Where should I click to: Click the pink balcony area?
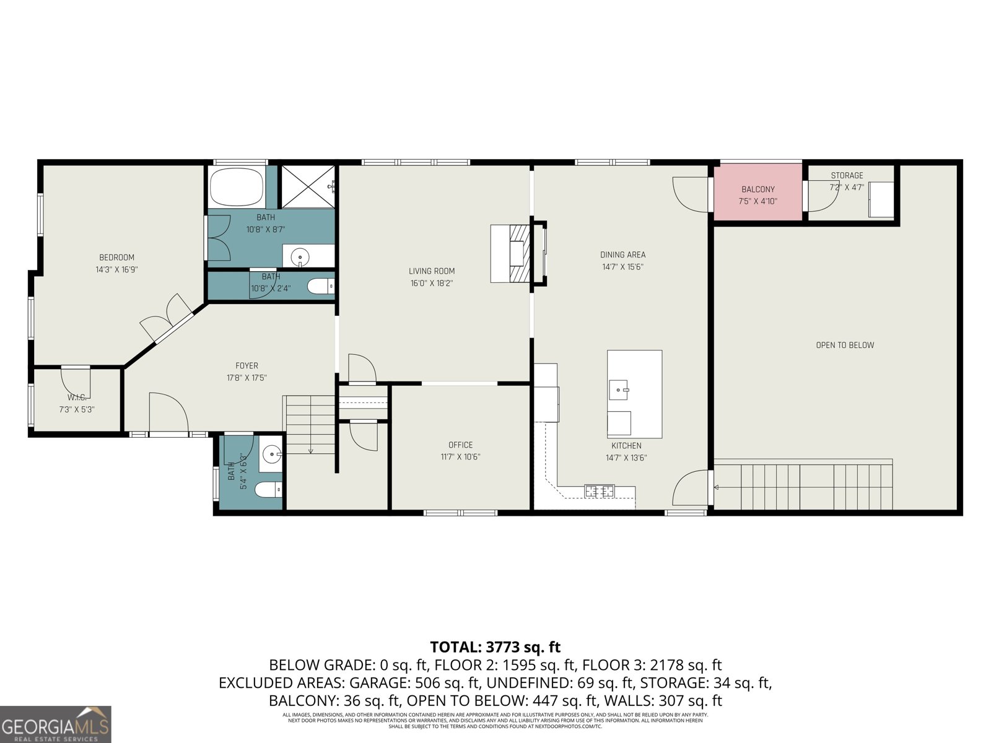tap(757, 192)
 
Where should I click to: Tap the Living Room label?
tap(432, 271)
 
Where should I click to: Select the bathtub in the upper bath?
tap(237, 187)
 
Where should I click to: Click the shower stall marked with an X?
tap(307, 187)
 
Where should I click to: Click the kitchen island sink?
tap(618, 390)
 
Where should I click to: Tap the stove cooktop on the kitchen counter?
tap(599, 491)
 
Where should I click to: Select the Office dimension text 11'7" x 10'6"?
tap(460, 457)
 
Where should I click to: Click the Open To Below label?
tap(845, 345)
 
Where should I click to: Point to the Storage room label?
tap(847, 175)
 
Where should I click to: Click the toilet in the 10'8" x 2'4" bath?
tap(321, 287)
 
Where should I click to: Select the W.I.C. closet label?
tap(76, 397)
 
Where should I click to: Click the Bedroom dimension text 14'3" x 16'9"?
tap(116, 269)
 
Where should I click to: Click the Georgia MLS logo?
tap(55, 724)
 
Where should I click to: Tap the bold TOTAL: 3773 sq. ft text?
tap(495, 647)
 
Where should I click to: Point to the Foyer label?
tap(247, 365)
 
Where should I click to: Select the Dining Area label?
tap(622, 254)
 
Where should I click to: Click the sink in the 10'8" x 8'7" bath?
tap(300, 255)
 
